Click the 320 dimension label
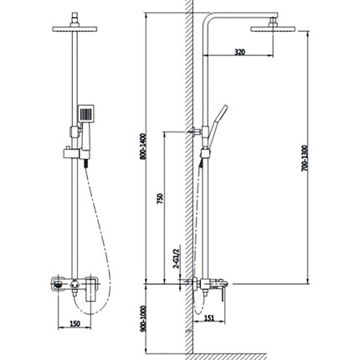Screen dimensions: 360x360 click(239, 52)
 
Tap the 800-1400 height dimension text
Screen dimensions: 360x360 click(143, 147)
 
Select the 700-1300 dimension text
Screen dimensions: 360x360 click(305, 158)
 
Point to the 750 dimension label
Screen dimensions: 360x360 click(160, 198)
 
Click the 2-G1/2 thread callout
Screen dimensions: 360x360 click(176, 257)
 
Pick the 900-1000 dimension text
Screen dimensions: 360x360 click(143, 319)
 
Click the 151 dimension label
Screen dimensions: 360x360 click(209, 317)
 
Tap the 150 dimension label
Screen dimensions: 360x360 click(75, 324)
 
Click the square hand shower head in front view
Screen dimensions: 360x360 click(85, 113)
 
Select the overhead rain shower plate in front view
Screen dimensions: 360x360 click(75, 29)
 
